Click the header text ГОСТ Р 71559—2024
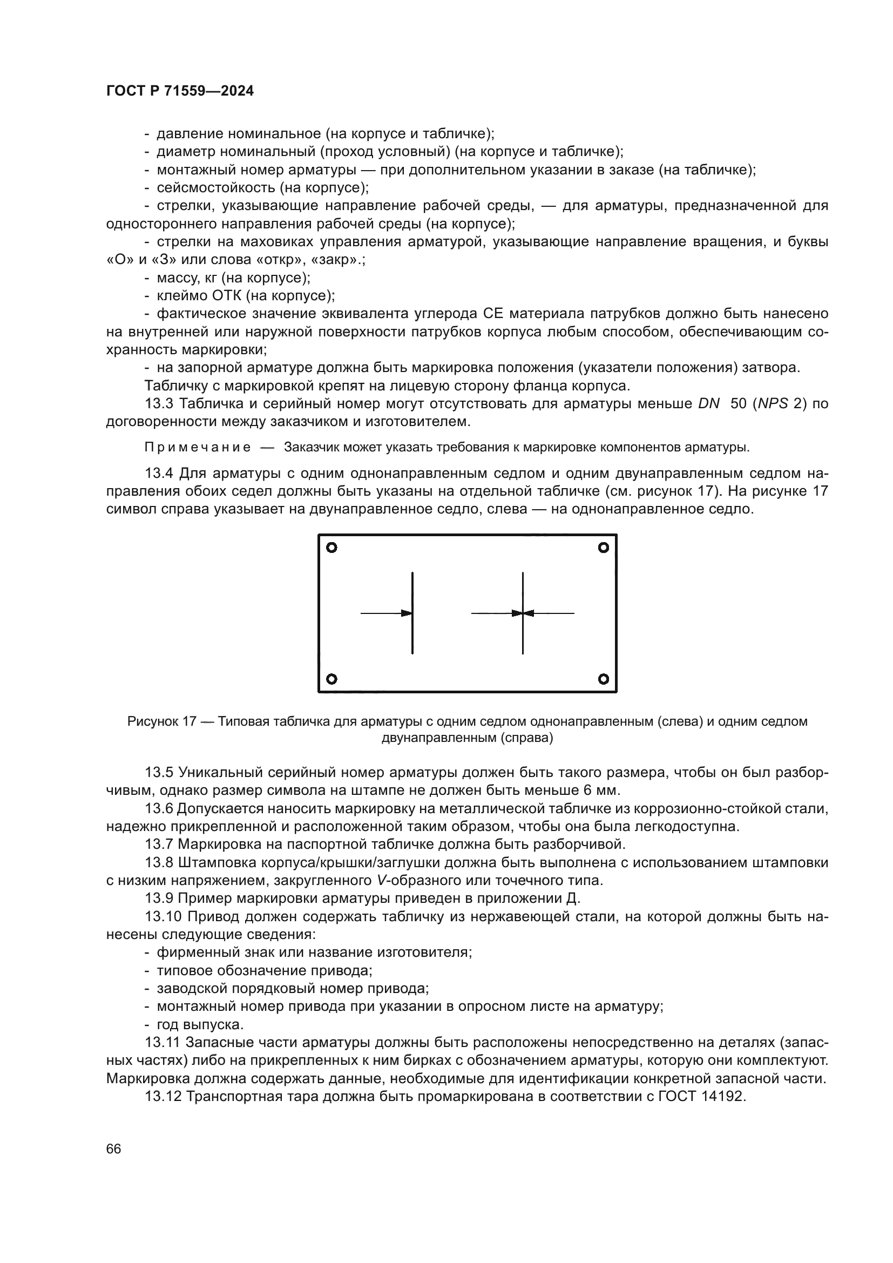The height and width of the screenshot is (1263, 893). [x=180, y=91]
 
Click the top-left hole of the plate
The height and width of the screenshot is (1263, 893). [x=332, y=548]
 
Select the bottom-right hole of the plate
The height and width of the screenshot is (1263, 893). [x=603, y=679]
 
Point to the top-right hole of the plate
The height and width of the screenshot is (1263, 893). [x=603, y=548]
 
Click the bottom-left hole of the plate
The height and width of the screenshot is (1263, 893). [x=332, y=679]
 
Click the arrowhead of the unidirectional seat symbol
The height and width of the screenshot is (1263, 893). [x=407, y=613]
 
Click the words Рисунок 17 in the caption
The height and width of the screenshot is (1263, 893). [x=161, y=721]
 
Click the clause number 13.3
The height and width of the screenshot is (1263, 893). [x=159, y=404]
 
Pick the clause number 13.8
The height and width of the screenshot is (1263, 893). [x=159, y=862]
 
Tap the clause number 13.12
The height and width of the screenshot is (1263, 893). [x=163, y=1096]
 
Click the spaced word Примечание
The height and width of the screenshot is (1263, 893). [x=198, y=447]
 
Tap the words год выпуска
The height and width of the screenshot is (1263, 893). [x=200, y=1025]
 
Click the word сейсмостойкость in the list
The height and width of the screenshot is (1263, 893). [x=215, y=188]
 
